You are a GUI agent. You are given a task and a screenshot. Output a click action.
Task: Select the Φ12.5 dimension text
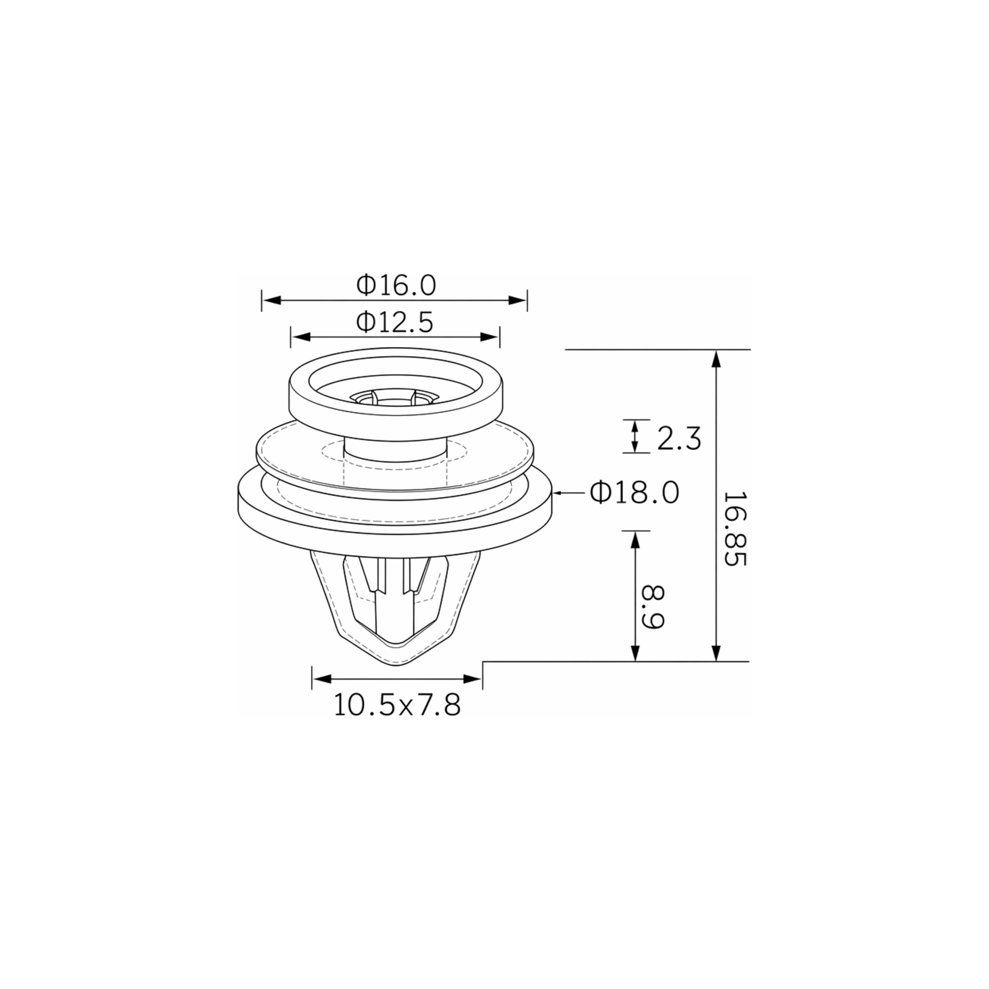[395, 322]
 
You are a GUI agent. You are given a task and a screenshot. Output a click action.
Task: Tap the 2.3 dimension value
[678, 439]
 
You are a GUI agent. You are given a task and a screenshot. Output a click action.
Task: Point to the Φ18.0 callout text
[634, 493]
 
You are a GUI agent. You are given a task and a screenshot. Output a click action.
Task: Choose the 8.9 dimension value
[653, 607]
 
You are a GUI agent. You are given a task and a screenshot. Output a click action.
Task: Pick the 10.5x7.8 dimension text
[397, 705]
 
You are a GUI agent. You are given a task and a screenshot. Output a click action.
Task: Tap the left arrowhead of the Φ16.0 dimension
[271, 301]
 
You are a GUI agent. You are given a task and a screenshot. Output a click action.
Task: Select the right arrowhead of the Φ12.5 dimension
[490, 337]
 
